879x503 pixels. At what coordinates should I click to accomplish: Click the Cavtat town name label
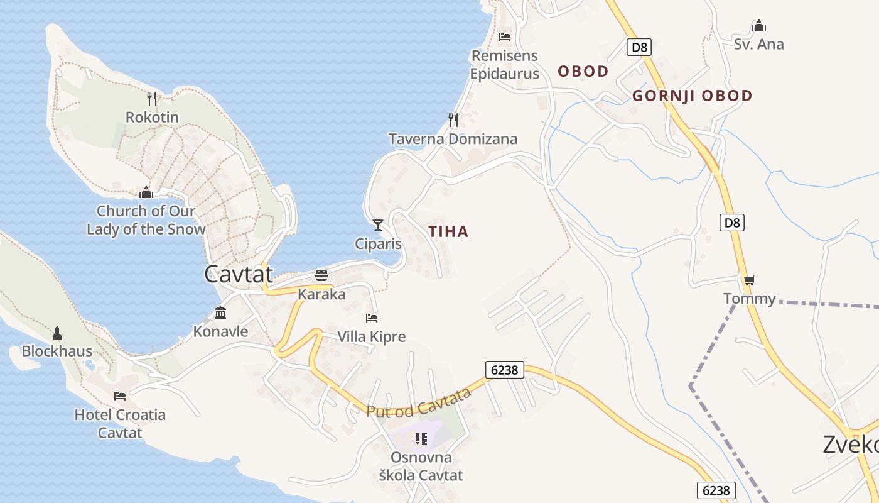[x=239, y=274]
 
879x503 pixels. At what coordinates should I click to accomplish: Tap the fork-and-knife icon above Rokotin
[x=152, y=98]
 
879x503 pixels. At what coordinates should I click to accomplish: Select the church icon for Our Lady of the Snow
[x=146, y=192]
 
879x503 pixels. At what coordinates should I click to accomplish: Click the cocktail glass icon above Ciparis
[x=378, y=224]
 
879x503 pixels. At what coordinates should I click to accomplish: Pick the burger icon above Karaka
[x=321, y=275]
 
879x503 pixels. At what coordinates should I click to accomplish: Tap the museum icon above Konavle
[x=220, y=312]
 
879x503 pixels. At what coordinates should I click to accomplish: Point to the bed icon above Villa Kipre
[x=372, y=318]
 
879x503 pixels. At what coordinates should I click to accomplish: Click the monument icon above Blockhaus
[x=57, y=333]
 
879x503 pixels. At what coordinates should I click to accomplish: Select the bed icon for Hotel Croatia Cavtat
[x=120, y=396]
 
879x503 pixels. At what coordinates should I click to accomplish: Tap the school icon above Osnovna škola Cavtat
[x=421, y=438]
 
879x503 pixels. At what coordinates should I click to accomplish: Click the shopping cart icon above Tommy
[x=748, y=280]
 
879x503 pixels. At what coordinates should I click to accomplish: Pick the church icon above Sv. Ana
[x=759, y=26]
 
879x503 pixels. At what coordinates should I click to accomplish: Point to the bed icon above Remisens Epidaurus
[x=504, y=37]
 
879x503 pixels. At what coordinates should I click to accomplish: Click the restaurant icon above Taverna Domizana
[x=453, y=119]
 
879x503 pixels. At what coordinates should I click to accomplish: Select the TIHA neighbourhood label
[x=449, y=231]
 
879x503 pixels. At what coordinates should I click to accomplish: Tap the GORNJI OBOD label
[x=693, y=96]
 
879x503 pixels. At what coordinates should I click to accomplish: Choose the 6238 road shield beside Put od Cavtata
[x=505, y=370]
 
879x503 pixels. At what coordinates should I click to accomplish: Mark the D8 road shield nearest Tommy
[x=732, y=222]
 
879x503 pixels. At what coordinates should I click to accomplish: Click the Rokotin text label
[x=152, y=118]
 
